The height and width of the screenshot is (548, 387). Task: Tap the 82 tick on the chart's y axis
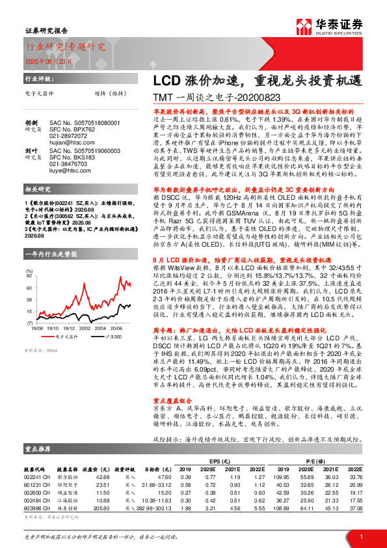(x=29, y=276)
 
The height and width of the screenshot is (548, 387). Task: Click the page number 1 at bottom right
(x=360, y=536)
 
